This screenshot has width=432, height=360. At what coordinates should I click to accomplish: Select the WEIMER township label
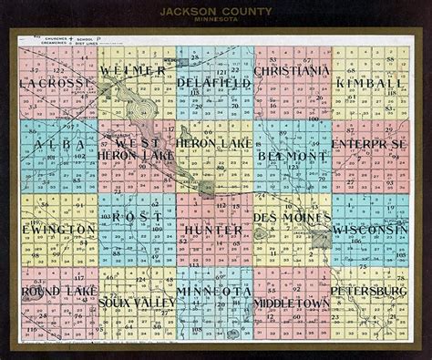click(x=133, y=70)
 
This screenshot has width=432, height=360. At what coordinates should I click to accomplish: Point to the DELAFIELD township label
click(x=214, y=83)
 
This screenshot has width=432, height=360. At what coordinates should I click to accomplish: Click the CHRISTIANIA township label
click(x=292, y=70)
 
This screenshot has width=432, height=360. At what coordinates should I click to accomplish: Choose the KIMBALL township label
click(x=370, y=83)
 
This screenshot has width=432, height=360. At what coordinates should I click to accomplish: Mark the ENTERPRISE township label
click(x=370, y=145)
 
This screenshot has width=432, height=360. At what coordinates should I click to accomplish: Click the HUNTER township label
click(x=213, y=230)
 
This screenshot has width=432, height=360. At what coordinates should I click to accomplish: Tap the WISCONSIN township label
click(x=367, y=230)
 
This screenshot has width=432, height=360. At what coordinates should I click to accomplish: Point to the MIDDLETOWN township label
click(x=292, y=302)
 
